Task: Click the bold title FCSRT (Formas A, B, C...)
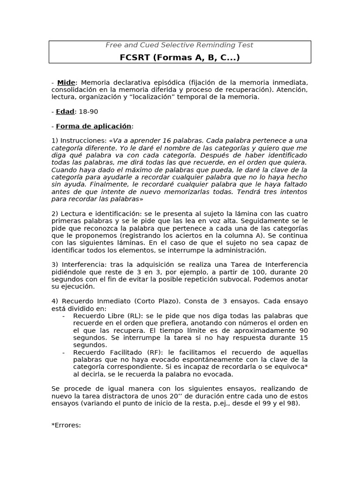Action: (180, 57)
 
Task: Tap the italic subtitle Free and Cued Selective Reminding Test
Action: (180, 45)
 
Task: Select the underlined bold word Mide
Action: (66, 82)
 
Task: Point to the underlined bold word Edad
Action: (65, 112)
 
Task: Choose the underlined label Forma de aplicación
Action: (94, 126)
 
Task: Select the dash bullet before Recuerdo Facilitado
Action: (63, 352)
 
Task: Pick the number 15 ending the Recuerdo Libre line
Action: (303, 337)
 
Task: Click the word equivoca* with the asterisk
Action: (289, 367)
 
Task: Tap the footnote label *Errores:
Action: (66, 425)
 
